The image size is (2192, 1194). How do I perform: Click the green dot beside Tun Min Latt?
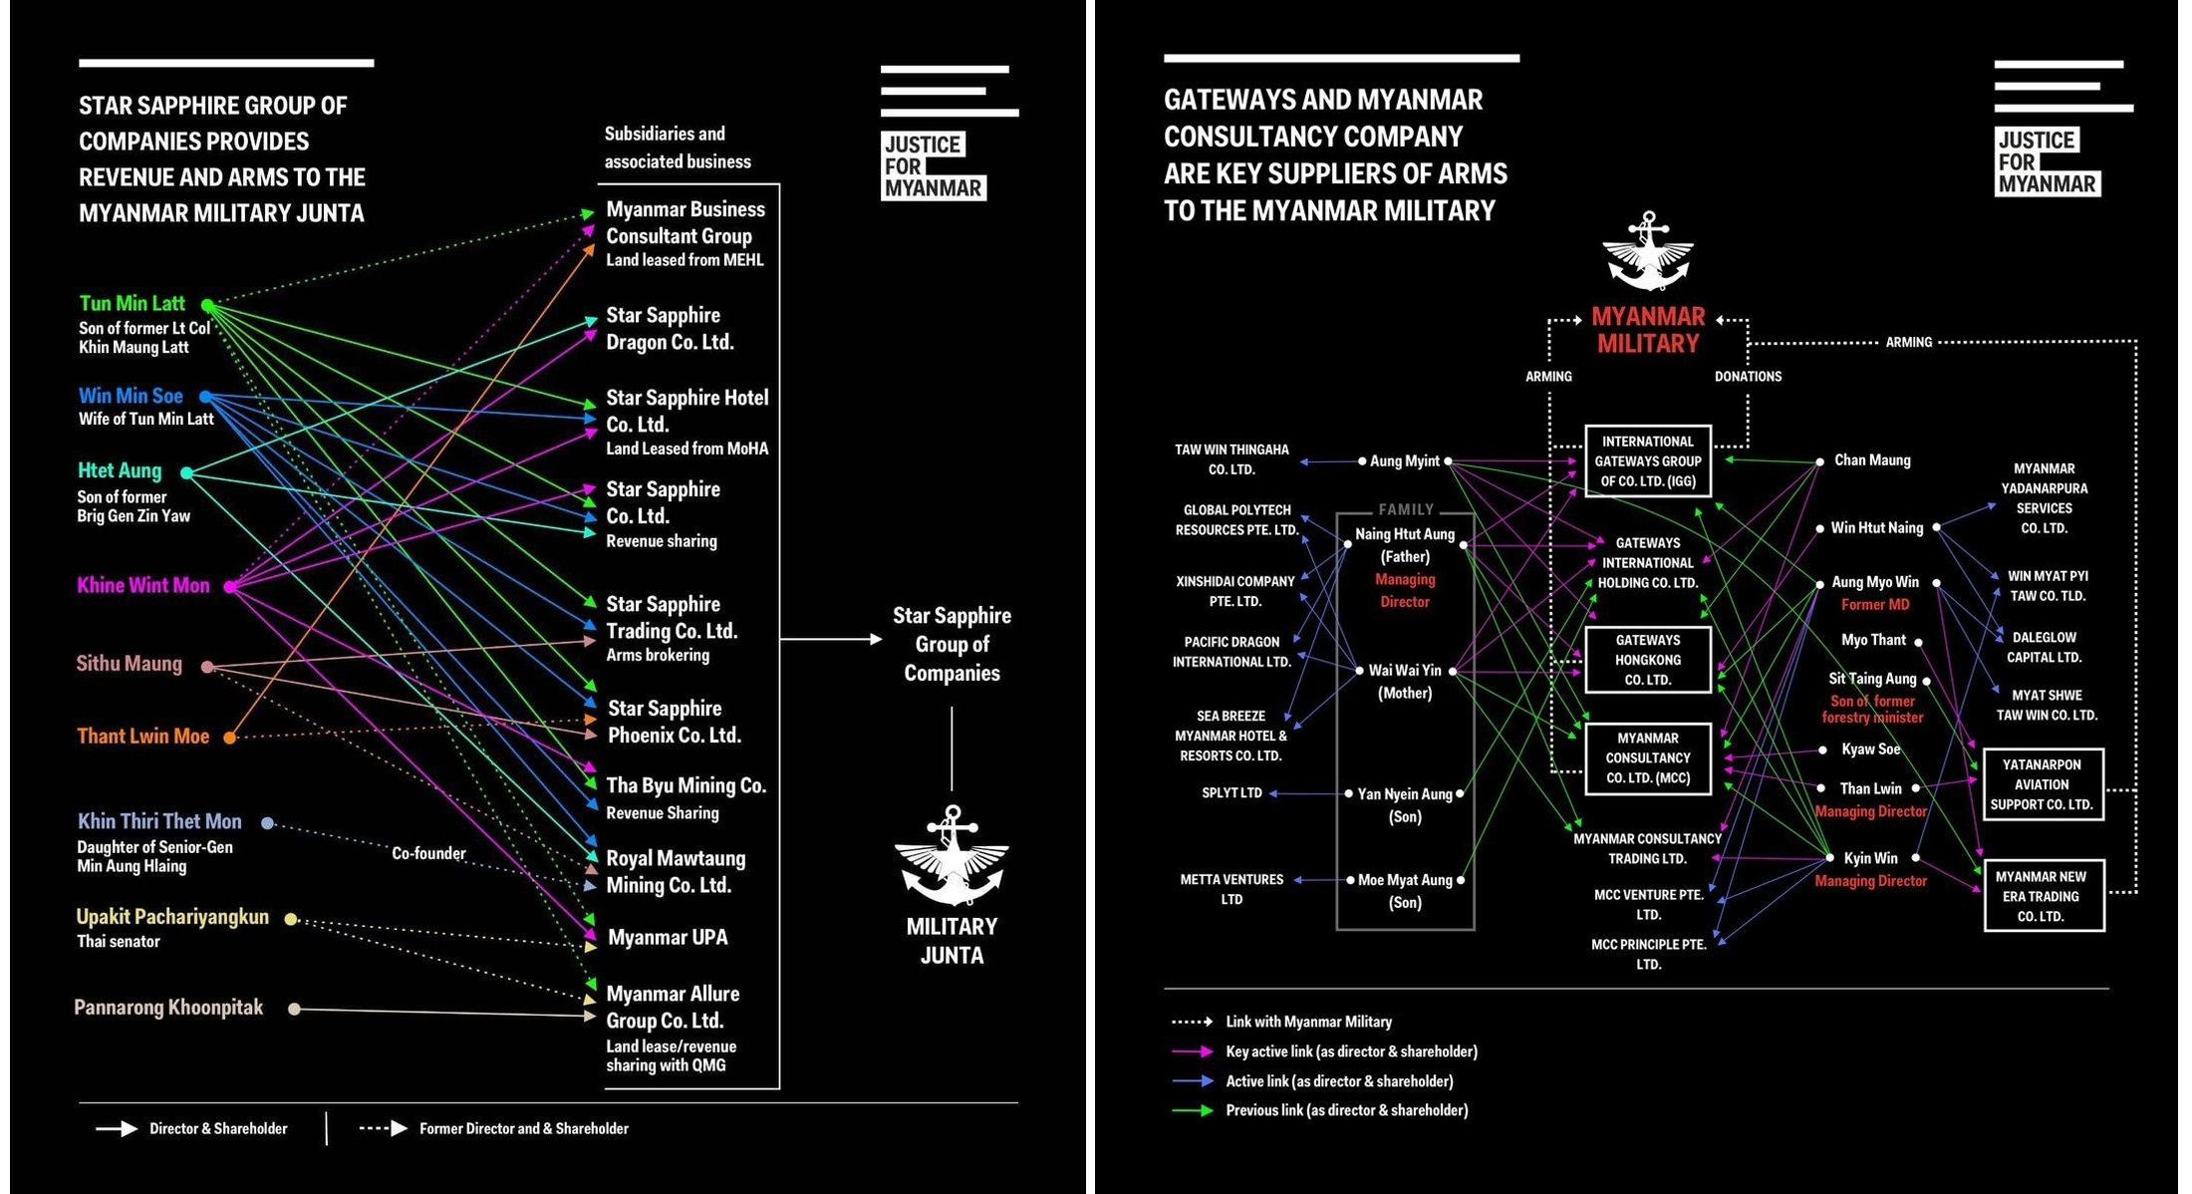[x=207, y=305]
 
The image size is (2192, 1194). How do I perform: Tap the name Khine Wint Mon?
[x=143, y=586]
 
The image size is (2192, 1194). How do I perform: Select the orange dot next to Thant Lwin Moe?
[x=229, y=738]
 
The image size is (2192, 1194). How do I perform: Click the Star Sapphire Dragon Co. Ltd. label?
[x=670, y=329]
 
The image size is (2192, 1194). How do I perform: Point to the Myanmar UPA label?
[x=668, y=938]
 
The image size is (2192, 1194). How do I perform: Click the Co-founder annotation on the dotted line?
[x=428, y=854]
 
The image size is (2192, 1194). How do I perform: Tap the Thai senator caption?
[x=119, y=942]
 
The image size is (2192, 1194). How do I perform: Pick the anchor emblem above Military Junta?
[x=952, y=856]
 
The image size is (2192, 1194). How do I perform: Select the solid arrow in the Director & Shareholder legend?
[x=117, y=1129]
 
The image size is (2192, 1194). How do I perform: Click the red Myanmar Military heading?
[x=1648, y=330]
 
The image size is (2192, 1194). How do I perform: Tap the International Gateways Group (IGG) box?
[x=1648, y=461]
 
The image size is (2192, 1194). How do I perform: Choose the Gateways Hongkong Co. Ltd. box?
[x=1648, y=660]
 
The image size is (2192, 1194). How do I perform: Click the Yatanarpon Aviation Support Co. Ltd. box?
[x=2043, y=784]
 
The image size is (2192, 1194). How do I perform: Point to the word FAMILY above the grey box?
[x=1406, y=509]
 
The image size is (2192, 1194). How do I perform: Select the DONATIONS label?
[x=1748, y=377]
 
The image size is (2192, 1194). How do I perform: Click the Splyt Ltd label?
[x=1232, y=793]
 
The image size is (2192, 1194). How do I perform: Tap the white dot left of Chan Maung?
[x=1819, y=461]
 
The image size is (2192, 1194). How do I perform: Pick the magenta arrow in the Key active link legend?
[x=1193, y=1051]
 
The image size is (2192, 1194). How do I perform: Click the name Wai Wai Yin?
[x=1405, y=671]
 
